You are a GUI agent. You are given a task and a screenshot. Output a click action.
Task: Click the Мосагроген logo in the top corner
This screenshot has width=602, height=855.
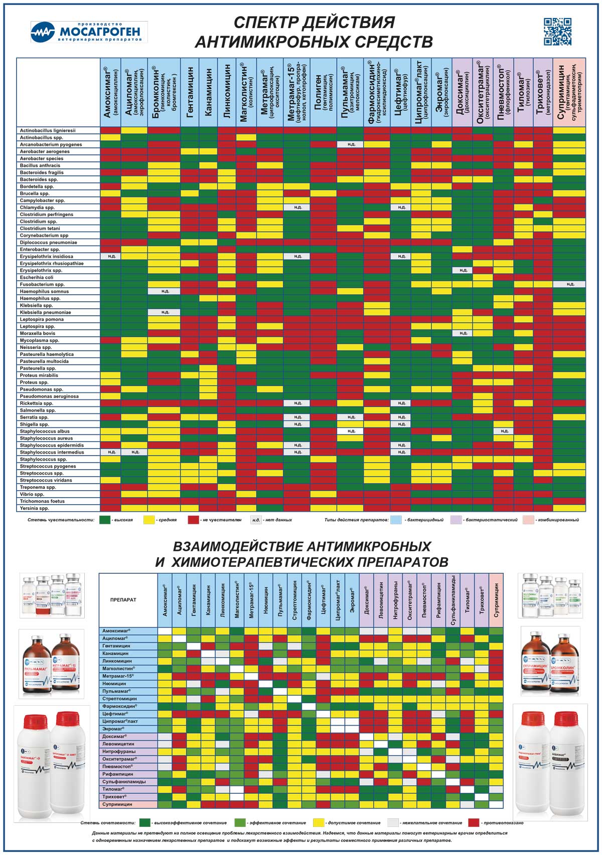coord(89,32)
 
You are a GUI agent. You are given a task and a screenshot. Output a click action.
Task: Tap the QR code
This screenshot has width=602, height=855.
coord(557,32)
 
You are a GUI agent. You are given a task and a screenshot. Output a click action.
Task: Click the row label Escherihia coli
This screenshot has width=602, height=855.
coord(37,277)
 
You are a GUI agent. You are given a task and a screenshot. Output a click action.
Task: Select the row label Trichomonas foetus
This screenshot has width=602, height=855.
coord(42,501)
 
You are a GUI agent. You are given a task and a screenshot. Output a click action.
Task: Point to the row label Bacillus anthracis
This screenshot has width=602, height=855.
coord(40,165)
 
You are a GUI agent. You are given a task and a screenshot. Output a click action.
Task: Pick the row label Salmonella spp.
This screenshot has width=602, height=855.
coord(38,410)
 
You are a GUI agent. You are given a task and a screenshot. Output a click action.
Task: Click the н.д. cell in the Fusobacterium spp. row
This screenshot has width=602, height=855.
coord(570,284)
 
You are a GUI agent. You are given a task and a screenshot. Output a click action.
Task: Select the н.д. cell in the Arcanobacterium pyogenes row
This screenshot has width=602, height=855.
coord(351,144)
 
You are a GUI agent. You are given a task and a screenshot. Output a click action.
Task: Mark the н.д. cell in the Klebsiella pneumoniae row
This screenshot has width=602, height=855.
coord(165,312)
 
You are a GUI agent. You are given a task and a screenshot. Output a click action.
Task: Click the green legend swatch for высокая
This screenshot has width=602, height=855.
coord(105,520)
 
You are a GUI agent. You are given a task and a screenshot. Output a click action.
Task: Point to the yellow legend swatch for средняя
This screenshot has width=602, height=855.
coord(149,520)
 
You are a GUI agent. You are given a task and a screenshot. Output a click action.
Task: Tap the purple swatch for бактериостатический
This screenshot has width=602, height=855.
coord(457,520)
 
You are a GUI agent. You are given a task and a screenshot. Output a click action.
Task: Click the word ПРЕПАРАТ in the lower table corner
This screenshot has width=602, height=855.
coord(123,599)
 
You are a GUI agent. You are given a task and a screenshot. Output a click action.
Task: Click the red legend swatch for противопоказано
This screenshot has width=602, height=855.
coord(474,822)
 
